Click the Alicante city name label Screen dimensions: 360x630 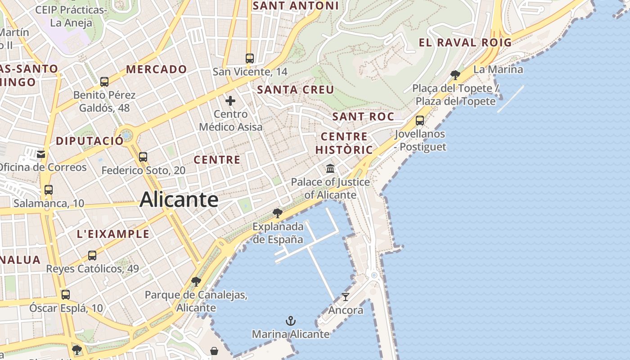click(179, 199)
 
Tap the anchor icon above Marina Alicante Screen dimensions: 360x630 click(291, 321)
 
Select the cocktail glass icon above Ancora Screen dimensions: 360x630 click(345, 297)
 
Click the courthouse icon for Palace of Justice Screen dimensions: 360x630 click(330, 169)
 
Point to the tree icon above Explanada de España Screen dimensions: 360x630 click(278, 213)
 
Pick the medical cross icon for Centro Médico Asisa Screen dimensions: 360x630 click(230, 100)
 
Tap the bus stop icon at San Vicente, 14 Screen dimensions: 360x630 click(249, 58)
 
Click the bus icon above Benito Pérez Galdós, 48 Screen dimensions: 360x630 click(104, 82)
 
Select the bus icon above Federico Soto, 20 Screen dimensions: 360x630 click(143, 157)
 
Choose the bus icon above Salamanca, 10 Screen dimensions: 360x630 click(48, 190)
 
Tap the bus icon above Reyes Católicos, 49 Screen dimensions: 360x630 click(92, 256)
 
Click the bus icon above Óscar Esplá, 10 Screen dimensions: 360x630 click(66, 295)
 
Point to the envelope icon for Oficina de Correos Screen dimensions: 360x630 click(41, 154)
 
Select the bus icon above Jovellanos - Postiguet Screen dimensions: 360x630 click(420, 120)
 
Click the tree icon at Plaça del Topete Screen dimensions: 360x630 click(455, 75)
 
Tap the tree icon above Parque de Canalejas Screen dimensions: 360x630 click(196, 282)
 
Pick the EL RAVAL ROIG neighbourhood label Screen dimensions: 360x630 click(465, 43)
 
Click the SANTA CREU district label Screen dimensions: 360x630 click(296, 90)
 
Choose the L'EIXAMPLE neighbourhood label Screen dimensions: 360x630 click(113, 234)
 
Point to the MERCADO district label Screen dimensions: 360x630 click(156, 69)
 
